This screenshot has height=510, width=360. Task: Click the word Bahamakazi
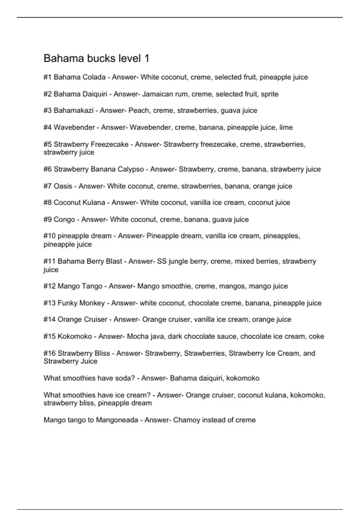tap(73, 110)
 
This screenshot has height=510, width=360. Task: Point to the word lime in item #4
tap(286, 127)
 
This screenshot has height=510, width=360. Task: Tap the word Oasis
tap(63, 186)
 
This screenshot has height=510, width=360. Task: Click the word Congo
tap(64, 220)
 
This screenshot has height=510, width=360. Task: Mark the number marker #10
tap(49, 236)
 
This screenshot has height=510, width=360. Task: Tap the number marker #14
tap(49, 319)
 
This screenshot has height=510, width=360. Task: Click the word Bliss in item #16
tap(102, 353)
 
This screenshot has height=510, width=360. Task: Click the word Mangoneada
tap(117, 420)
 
